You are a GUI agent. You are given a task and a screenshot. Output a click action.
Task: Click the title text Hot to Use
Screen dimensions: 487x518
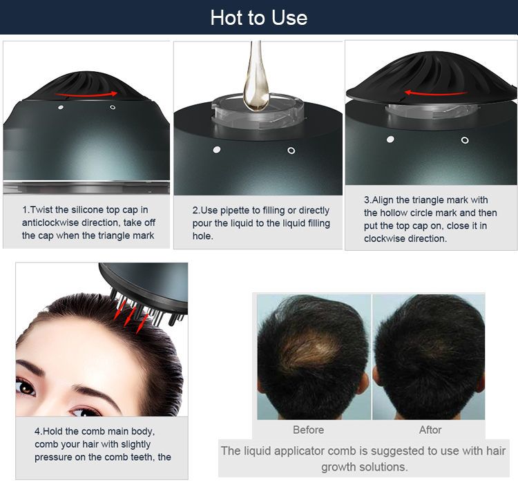(x=259, y=17)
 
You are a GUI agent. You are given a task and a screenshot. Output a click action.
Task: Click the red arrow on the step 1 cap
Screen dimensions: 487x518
(x=86, y=93)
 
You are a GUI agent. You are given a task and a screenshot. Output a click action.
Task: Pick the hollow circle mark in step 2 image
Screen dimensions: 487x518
(x=291, y=150)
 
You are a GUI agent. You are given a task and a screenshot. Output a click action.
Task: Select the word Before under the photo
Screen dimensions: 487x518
(x=308, y=430)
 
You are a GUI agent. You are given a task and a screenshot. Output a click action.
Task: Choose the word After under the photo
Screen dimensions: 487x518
(x=430, y=430)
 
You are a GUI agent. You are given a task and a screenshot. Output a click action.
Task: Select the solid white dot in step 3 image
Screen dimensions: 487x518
(x=390, y=140)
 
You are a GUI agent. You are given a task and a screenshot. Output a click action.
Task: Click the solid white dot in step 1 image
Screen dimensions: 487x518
(x=61, y=108)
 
